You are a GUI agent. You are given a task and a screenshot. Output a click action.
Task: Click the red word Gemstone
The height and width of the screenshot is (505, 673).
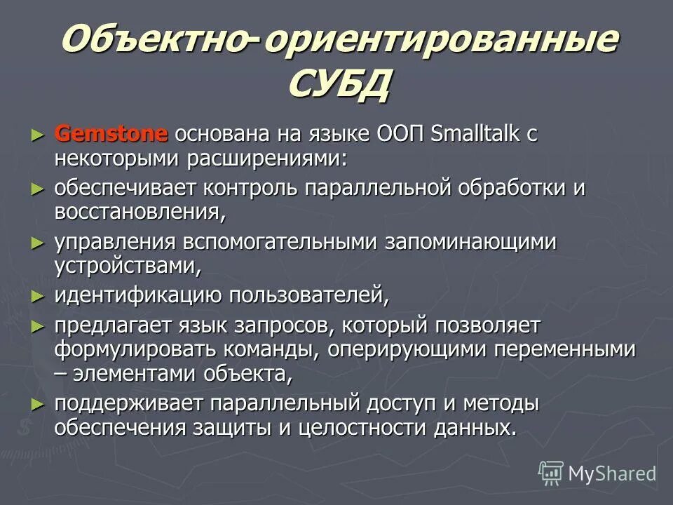tap(111, 133)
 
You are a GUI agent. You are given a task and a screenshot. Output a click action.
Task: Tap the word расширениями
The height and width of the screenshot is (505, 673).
tap(266, 158)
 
